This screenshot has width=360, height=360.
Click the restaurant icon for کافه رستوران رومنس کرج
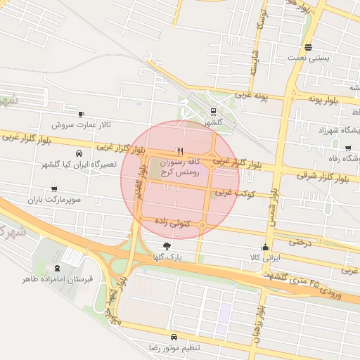[181, 151]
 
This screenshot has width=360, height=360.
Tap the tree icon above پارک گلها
[167, 246]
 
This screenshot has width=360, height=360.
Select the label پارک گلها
[167, 257]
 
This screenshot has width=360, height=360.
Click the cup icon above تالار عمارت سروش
[81, 114]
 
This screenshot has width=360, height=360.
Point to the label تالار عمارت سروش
[81, 124]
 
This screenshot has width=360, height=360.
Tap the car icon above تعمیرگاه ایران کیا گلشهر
[78, 153]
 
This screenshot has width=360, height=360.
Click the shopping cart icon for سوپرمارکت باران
[55, 188]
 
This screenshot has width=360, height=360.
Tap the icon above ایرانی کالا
[265, 247]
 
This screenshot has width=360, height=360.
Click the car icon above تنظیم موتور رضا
[174, 337]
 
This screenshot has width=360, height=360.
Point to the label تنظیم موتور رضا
[174, 348]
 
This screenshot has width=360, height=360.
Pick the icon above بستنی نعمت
[308, 48]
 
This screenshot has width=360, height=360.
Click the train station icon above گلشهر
[213, 110]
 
